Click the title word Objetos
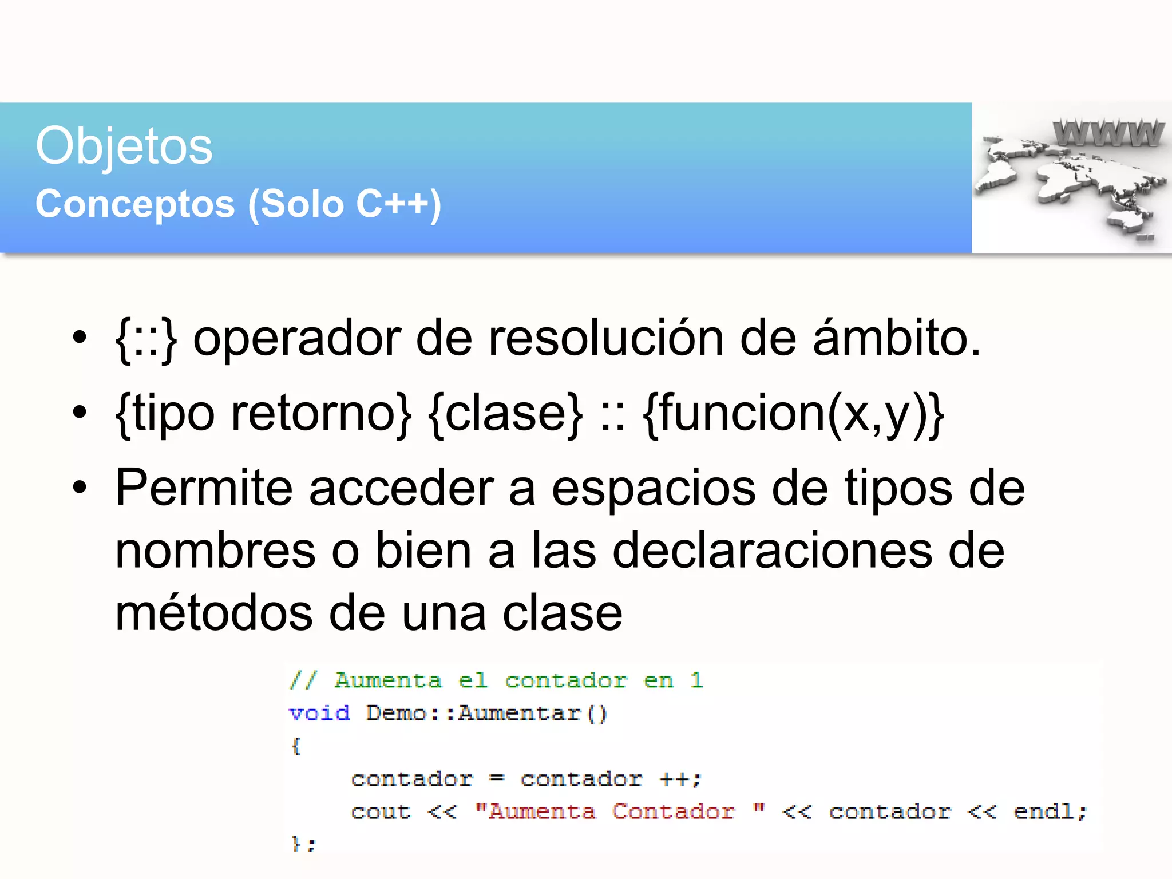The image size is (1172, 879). click(124, 146)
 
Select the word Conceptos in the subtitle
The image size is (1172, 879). click(135, 204)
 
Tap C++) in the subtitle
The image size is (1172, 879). click(398, 204)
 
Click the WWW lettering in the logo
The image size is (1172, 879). click(1108, 133)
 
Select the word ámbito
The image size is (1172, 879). click(896, 339)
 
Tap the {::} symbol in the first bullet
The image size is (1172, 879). click(145, 339)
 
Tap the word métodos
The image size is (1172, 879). click(214, 613)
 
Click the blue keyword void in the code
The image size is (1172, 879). click(319, 714)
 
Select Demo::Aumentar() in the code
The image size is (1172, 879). click(486, 714)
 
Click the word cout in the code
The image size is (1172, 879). click(381, 812)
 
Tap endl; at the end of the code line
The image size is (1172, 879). click(1050, 812)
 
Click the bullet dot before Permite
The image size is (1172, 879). click(80, 488)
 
